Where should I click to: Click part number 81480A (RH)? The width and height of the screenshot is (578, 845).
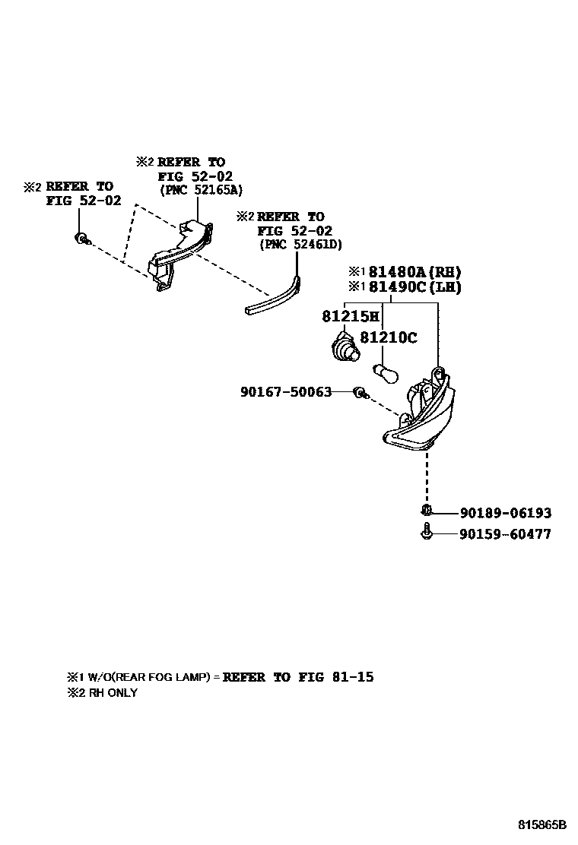click(x=414, y=271)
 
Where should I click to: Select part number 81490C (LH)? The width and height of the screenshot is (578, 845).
click(x=414, y=286)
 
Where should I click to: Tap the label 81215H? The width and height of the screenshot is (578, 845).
click(x=350, y=316)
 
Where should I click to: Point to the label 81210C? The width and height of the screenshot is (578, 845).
click(x=388, y=338)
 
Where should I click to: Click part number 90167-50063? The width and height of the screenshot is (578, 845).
click(x=286, y=392)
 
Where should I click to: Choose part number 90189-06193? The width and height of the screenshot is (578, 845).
click(x=505, y=514)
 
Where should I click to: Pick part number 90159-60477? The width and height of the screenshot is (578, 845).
click(x=505, y=534)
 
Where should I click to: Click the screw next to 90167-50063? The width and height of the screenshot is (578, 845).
click(x=360, y=393)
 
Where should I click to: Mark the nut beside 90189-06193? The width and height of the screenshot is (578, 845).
click(x=427, y=511)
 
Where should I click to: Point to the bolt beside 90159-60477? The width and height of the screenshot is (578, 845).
click(x=427, y=533)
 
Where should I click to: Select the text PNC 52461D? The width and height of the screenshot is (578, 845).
click(x=300, y=244)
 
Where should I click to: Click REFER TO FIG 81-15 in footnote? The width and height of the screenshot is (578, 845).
click(x=298, y=677)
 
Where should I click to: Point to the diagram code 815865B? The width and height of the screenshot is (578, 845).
click(x=543, y=824)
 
